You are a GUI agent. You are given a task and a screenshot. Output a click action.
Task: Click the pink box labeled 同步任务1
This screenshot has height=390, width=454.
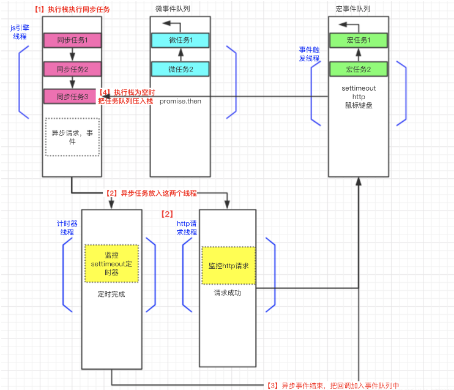pos(72,40)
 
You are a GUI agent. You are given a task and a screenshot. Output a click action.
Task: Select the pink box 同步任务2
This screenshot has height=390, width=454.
pos(72,69)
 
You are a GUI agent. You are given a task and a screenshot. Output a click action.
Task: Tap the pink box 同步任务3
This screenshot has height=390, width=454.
pos(72,96)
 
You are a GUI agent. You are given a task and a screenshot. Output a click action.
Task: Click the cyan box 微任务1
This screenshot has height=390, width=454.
pos(180,40)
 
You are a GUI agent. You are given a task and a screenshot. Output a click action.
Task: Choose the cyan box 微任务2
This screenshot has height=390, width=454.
pos(180,69)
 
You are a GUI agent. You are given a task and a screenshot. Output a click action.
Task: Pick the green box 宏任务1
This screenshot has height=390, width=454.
pos(358,40)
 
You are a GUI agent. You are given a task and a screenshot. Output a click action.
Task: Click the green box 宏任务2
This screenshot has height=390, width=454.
pos(358,69)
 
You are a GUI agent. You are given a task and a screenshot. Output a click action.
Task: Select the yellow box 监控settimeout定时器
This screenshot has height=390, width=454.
pos(111,264)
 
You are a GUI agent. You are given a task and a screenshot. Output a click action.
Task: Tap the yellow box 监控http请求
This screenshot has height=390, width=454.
pos(228,266)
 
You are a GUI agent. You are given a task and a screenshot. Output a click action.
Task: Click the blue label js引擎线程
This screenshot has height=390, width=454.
pos(20,32)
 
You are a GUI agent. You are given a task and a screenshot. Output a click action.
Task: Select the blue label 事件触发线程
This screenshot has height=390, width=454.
pos(309,54)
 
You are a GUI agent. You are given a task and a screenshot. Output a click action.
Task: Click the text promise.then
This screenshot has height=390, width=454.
pos(180,100)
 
